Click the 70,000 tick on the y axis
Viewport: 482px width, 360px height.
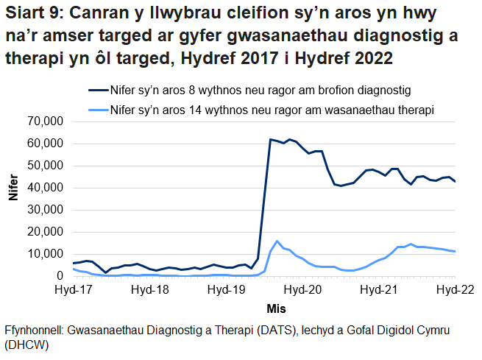[46, 121]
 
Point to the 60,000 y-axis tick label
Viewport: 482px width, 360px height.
[46, 144]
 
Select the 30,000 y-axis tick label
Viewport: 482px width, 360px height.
[46, 210]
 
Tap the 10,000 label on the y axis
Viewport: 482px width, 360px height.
[46, 254]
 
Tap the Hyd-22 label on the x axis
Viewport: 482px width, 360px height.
[454, 290]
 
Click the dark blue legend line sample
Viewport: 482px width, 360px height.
[96, 91]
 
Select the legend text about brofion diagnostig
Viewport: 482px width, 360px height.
[259, 91]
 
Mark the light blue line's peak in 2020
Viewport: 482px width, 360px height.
[277, 241]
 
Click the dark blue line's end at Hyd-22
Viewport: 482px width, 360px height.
[456, 181]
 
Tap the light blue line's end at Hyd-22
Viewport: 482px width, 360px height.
[456, 252]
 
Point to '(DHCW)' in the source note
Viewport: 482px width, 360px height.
[26, 345]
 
